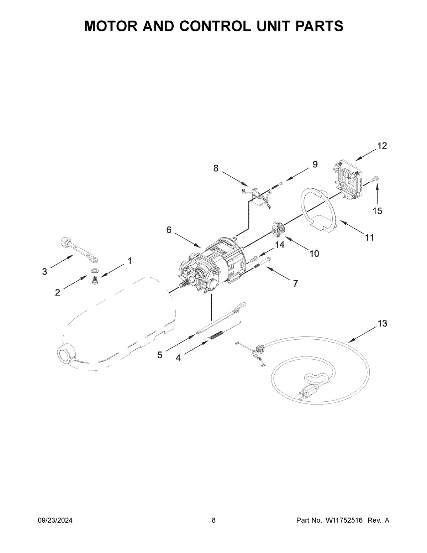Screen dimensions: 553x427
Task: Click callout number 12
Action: pos(382,146)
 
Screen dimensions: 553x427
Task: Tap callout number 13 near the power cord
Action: pos(383,324)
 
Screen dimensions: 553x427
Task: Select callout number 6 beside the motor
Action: pos(169,230)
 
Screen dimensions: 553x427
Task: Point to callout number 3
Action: pos(44,272)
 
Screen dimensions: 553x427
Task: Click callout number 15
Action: pos(377,211)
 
